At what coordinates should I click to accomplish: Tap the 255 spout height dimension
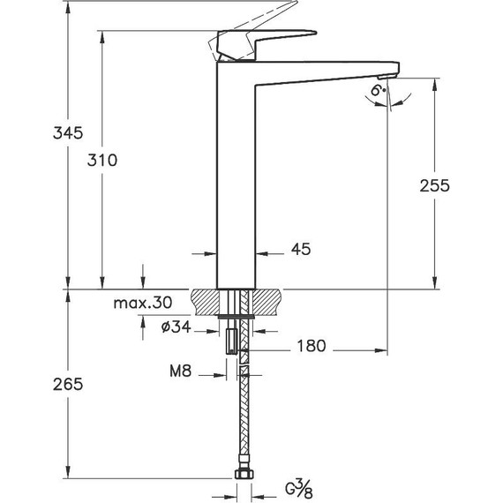tap(434, 186)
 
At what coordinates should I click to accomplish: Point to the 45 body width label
tap(300, 251)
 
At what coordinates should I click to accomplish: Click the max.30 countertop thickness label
tap(142, 303)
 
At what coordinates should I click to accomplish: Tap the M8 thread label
tap(180, 372)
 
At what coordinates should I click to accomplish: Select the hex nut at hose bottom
tap(242, 476)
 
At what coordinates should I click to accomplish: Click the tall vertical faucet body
tap(236, 176)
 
